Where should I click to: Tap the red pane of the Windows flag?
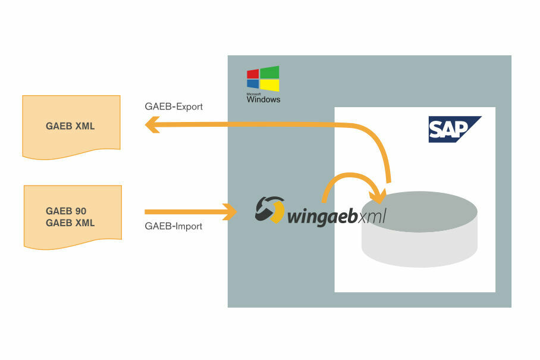(x=253, y=74)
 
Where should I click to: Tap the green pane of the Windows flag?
(x=269, y=72)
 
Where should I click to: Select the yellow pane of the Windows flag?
(x=269, y=84)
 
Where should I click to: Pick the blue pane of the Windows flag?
(x=253, y=84)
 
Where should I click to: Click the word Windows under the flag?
(x=263, y=100)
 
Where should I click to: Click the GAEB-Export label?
(x=174, y=107)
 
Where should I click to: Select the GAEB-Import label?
(x=174, y=226)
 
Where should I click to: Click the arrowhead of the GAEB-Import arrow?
(x=231, y=211)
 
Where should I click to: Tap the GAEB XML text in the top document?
(x=70, y=126)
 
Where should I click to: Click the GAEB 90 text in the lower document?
(x=66, y=211)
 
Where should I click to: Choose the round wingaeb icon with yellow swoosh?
(x=269, y=210)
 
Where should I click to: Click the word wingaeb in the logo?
(x=321, y=216)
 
